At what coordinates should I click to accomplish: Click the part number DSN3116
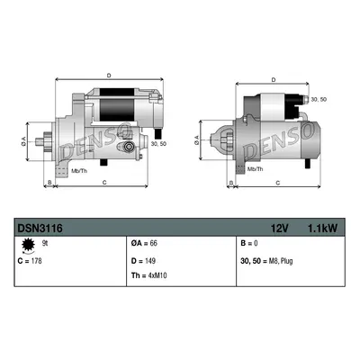click(x=40, y=229)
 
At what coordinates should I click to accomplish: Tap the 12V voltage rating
click(x=280, y=229)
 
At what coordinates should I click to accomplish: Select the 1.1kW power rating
click(x=322, y=229)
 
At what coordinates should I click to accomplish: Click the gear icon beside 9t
click(x=28, y=246)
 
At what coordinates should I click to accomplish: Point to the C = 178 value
click(x=30, y=261)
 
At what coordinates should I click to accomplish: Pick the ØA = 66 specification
click(x=144, y=243)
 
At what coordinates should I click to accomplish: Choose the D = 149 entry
click(x=143, y=261)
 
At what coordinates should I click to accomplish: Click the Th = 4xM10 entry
click(x=148, y=275)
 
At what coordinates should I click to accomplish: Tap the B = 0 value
click(x=249, y=243)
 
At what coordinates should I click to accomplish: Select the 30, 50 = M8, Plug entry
click(x=266, y=261)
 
